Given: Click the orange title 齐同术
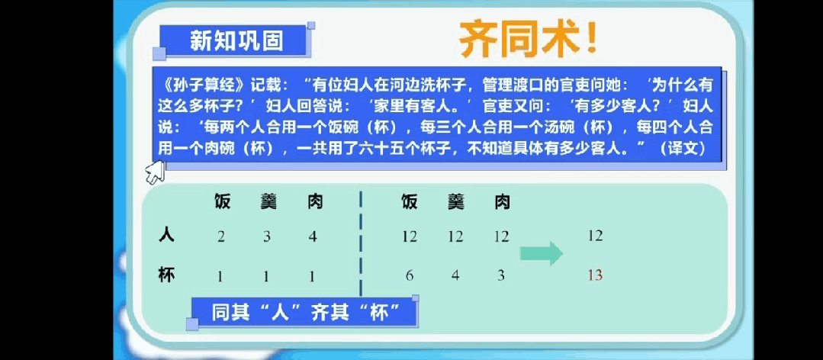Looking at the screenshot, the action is click(x=528, y=40).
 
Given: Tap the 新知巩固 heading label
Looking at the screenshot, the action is click(x=236, y=40).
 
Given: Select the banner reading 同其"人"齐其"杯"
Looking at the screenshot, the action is click(x=304, y=313).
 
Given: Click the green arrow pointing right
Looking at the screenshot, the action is click(x=541, y=254).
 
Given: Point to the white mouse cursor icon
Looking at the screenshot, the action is click(x=155, y=172).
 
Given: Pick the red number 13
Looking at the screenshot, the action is click(x=595, y=275).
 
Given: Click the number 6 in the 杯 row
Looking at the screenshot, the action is click(x=410, y=275).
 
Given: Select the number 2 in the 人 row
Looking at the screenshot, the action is click(x=221, y=236).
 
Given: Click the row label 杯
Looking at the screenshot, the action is click(x=166, y=275).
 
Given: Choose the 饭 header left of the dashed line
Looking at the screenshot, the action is click(x=222, y=201).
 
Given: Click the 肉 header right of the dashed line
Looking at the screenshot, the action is click(x=503, y=201).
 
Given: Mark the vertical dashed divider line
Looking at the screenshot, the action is click(x=361, y=244).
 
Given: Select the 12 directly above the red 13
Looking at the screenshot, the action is click(x=595, y=236).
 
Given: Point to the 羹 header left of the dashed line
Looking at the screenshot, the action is click(x=268, y=201).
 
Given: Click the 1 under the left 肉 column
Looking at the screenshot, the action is click(x=312, y=275).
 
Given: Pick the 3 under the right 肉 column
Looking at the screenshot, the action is click(x=501, y=275).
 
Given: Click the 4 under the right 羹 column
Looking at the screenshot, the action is click(x=455, y=275).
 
